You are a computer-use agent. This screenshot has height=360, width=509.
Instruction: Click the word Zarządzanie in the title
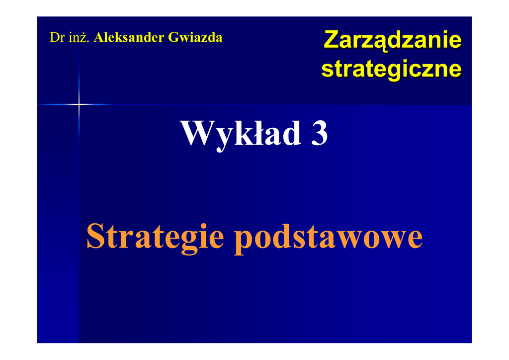pos(392,41)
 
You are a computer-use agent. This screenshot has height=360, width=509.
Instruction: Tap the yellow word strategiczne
pos(392,69)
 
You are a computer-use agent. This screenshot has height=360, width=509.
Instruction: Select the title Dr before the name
pos(58,37)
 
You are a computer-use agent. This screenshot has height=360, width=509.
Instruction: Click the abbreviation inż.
pos(79,37)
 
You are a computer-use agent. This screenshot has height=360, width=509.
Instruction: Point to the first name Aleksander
pos(129,37)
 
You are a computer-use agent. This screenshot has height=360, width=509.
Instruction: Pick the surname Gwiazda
pos(195,37)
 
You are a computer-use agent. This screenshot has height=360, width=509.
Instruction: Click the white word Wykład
pos(241,134)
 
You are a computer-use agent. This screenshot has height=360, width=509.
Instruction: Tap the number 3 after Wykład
pos(320,133)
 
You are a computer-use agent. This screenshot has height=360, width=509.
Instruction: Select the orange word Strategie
pos(155,236)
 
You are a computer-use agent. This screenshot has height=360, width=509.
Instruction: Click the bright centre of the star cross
pos(79,104)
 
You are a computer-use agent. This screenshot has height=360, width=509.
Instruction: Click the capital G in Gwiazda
pos(174,37)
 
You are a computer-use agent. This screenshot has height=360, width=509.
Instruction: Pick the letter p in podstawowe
pos(244,241)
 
